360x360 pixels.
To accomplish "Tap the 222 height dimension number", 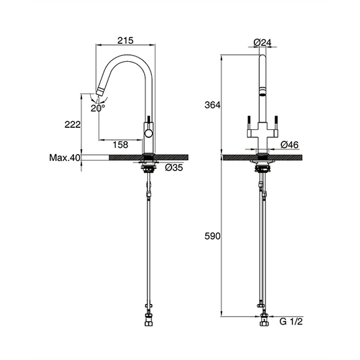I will click(x=74, y=124).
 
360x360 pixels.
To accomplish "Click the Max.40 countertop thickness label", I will click(x=65, y=158).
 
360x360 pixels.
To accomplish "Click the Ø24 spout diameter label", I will click(x=262, y=42).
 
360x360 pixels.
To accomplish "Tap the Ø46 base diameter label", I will click(x=289, y=145).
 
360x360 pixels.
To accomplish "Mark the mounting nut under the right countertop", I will click(x=261, y=168).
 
